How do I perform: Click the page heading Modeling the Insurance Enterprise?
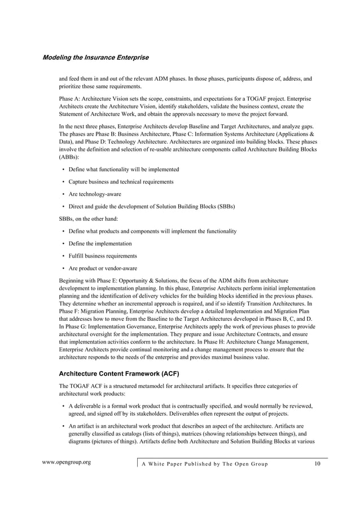click(95, 58)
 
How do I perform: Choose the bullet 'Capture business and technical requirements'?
click(121, 182)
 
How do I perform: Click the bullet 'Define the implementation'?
click(100, 243)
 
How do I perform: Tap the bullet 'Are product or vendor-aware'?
click(103, 268)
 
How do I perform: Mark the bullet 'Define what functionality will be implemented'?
click(124, 169)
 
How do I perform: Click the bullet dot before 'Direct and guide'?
click(63, 207)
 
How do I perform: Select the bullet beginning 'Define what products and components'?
click(152, 231)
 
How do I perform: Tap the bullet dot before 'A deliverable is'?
click(63, 406)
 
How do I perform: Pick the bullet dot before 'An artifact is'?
click(63, 426)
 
